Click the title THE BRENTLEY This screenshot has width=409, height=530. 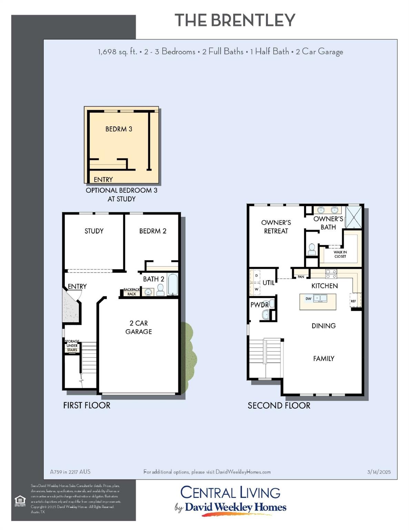click(x=235, y=20)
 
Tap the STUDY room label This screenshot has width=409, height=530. click(x=94, y=231)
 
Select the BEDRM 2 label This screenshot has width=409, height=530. click(x=153, y=231)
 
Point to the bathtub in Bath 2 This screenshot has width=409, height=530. click(x=172, y=285)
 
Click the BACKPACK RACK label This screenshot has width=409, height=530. click(x=131, y=292)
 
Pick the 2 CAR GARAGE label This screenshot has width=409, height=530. click(x=139, y=327)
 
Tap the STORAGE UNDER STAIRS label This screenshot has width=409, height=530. click(x=72, y=346)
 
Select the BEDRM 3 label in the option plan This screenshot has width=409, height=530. click(x=119, y=129)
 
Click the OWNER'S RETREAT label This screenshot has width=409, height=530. click(x=276, y=227)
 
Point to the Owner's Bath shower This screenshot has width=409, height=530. click(x=354, y=217)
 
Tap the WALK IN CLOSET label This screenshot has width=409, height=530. click(x=340, y=254)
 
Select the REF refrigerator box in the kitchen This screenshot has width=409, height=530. click(x=353, y=301)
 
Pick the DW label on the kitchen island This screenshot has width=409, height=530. click(x=308, y=299)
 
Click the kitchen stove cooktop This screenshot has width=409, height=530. click(x=331, y=274)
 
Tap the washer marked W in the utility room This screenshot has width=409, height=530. click(x=256, y=289)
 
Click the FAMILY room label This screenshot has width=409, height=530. click(x=323, y=359)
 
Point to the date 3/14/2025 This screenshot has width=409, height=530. click(x=379, y=472)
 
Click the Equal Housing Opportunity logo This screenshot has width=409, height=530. click(x=20, y=500)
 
